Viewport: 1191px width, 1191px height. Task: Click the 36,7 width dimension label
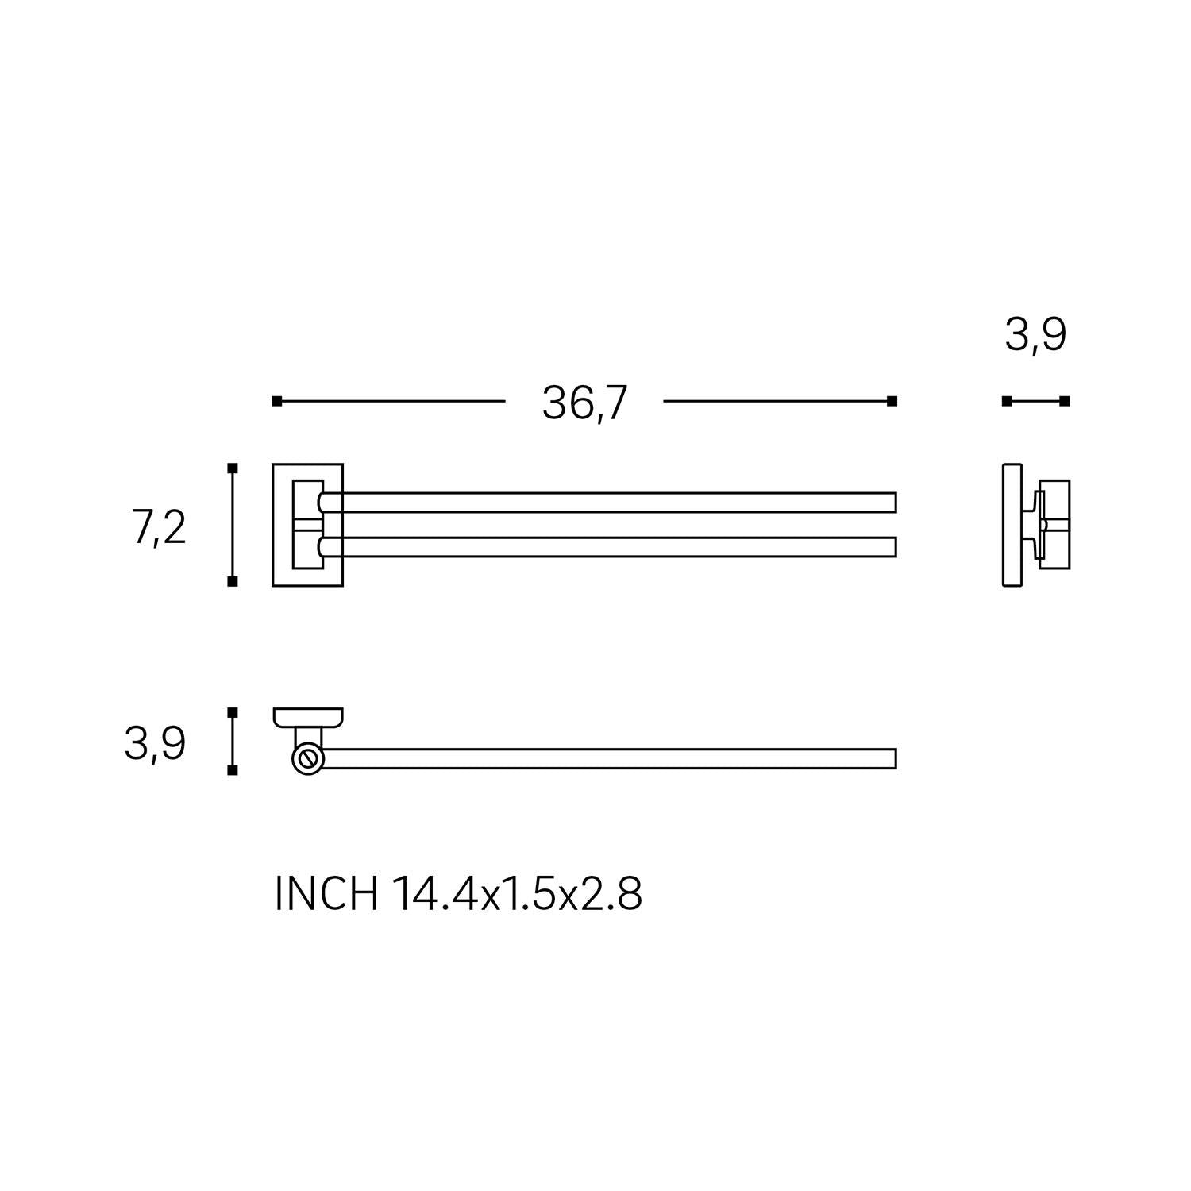click(584, 403)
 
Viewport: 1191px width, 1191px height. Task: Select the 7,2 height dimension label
click(159, 528)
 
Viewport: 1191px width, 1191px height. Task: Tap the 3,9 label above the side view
click(1035, 334)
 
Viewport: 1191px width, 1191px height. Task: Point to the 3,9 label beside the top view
click(155, 745)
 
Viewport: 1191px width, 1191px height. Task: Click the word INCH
click(326, 894)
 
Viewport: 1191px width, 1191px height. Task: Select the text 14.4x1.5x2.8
click(517, 894)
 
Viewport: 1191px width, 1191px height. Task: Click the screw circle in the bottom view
click(307, 758)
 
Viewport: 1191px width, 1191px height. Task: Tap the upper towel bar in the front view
click(607, 503)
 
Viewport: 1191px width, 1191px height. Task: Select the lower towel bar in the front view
click(607, 546)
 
